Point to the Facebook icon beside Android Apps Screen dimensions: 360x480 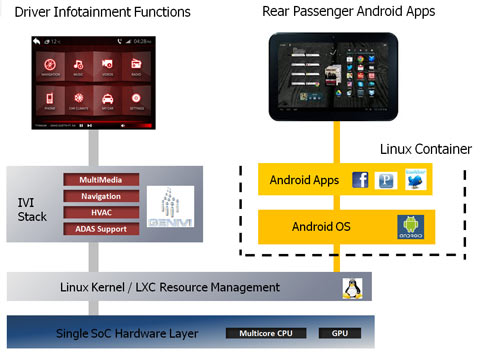tap(360, 181)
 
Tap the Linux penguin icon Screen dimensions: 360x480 tap(351, 288)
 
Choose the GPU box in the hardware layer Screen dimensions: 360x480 tap(337, 333)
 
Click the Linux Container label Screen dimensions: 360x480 tap(425, 149)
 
